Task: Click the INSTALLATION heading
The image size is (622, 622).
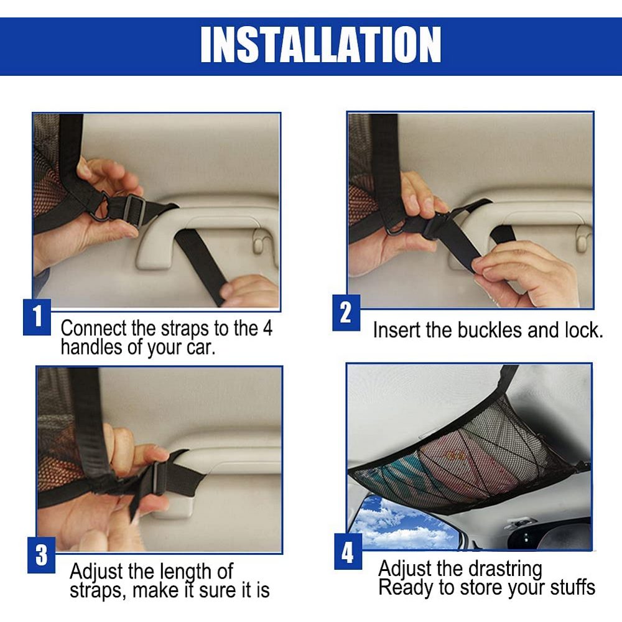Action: point(320,45)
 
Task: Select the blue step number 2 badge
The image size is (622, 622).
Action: point(346,313)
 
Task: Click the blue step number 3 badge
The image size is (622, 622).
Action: point(41,555)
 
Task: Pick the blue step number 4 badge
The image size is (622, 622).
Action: point(348,552)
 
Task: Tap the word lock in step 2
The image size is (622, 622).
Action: point(583,330)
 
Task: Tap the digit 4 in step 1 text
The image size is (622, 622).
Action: point(267,328)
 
